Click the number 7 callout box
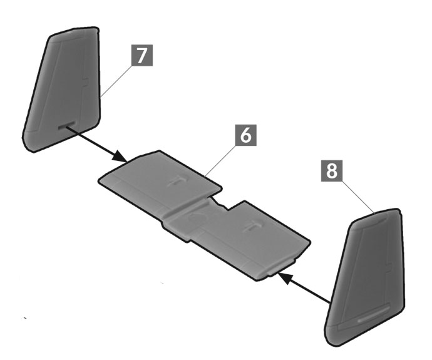point(142,55)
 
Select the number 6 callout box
point(246,135)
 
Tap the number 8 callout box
point(332,170)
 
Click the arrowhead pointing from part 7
point(120,156)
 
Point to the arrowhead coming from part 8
point(285,277)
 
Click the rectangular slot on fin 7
point(67,125)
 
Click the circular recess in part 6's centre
point(198,217)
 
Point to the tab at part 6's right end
point(282,267)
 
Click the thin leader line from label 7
point(116,81)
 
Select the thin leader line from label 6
point(220,160)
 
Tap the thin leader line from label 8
point(358,197)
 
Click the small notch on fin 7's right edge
point(86,82)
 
